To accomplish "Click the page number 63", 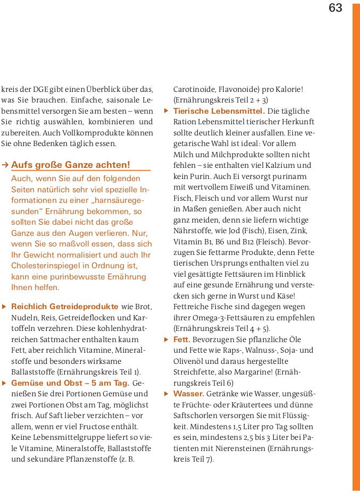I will (x=336, y=8).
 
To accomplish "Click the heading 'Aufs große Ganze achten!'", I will (x=70, y=165).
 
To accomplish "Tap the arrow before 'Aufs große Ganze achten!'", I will (x=5, y=165).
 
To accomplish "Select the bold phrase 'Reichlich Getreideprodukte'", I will (x=64, y=307).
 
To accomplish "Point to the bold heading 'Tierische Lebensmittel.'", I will (x=219, y=111).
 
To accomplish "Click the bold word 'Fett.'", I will (x=182, y=339).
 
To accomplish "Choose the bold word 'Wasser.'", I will (x=189, y=394).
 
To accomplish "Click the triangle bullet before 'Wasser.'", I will (x=166, y=394).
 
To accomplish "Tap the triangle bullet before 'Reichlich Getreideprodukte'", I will (x=4, y=307).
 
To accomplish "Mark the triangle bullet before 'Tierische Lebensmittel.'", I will (x=166, y=111).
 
